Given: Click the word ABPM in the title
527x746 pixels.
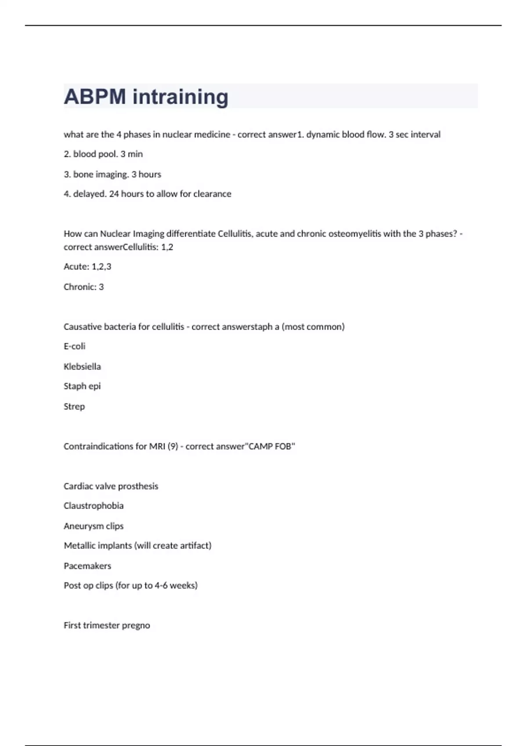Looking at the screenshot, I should click(95, 97).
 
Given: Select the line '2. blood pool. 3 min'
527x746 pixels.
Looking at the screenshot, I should click(103, 154).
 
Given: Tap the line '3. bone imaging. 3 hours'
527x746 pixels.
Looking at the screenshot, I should click(112, 174).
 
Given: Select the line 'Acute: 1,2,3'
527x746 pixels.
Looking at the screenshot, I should click(87, 267).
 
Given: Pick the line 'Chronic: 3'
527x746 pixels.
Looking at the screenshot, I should click(83, 287).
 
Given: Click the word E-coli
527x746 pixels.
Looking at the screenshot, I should click(75, 346).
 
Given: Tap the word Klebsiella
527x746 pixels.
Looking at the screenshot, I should click(82, 366).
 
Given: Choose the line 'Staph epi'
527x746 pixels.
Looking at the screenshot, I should click(82, 386).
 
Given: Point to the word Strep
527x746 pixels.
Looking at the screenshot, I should click(74, 406).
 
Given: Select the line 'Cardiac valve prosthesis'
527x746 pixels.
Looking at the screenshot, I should click(111, 486).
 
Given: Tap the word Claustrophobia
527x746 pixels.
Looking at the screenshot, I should click(94, 506).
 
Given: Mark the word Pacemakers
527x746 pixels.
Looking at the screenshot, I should click(87, 566).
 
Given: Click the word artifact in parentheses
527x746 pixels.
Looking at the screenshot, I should click(196, 545).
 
